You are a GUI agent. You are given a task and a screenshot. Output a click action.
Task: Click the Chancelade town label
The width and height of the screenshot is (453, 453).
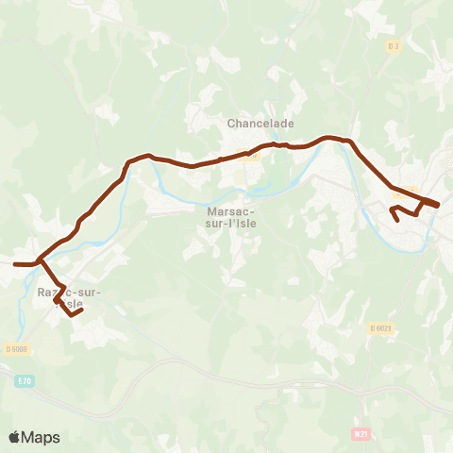[x=260, y=124]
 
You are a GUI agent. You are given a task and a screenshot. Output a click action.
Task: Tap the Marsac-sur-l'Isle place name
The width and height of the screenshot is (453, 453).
[x=234, y=218]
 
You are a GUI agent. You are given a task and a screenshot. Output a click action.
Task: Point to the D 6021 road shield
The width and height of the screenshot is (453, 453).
[x=380, y=327]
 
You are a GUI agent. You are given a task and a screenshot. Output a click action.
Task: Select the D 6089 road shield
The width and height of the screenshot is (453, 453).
[x=17, y=349]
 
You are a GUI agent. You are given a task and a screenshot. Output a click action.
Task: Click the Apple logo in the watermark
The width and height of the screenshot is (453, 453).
[x=15, y=437]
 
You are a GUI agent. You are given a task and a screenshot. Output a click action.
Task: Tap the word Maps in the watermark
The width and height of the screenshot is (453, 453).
[x=42, y=437]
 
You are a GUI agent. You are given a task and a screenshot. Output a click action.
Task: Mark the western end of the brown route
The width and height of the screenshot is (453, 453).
[x=14, y=264]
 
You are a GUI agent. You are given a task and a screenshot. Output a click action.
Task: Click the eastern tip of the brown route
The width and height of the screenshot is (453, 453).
[x=438, y=205]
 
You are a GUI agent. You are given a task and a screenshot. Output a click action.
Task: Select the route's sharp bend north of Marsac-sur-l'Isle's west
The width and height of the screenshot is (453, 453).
[x=128, y=161]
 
